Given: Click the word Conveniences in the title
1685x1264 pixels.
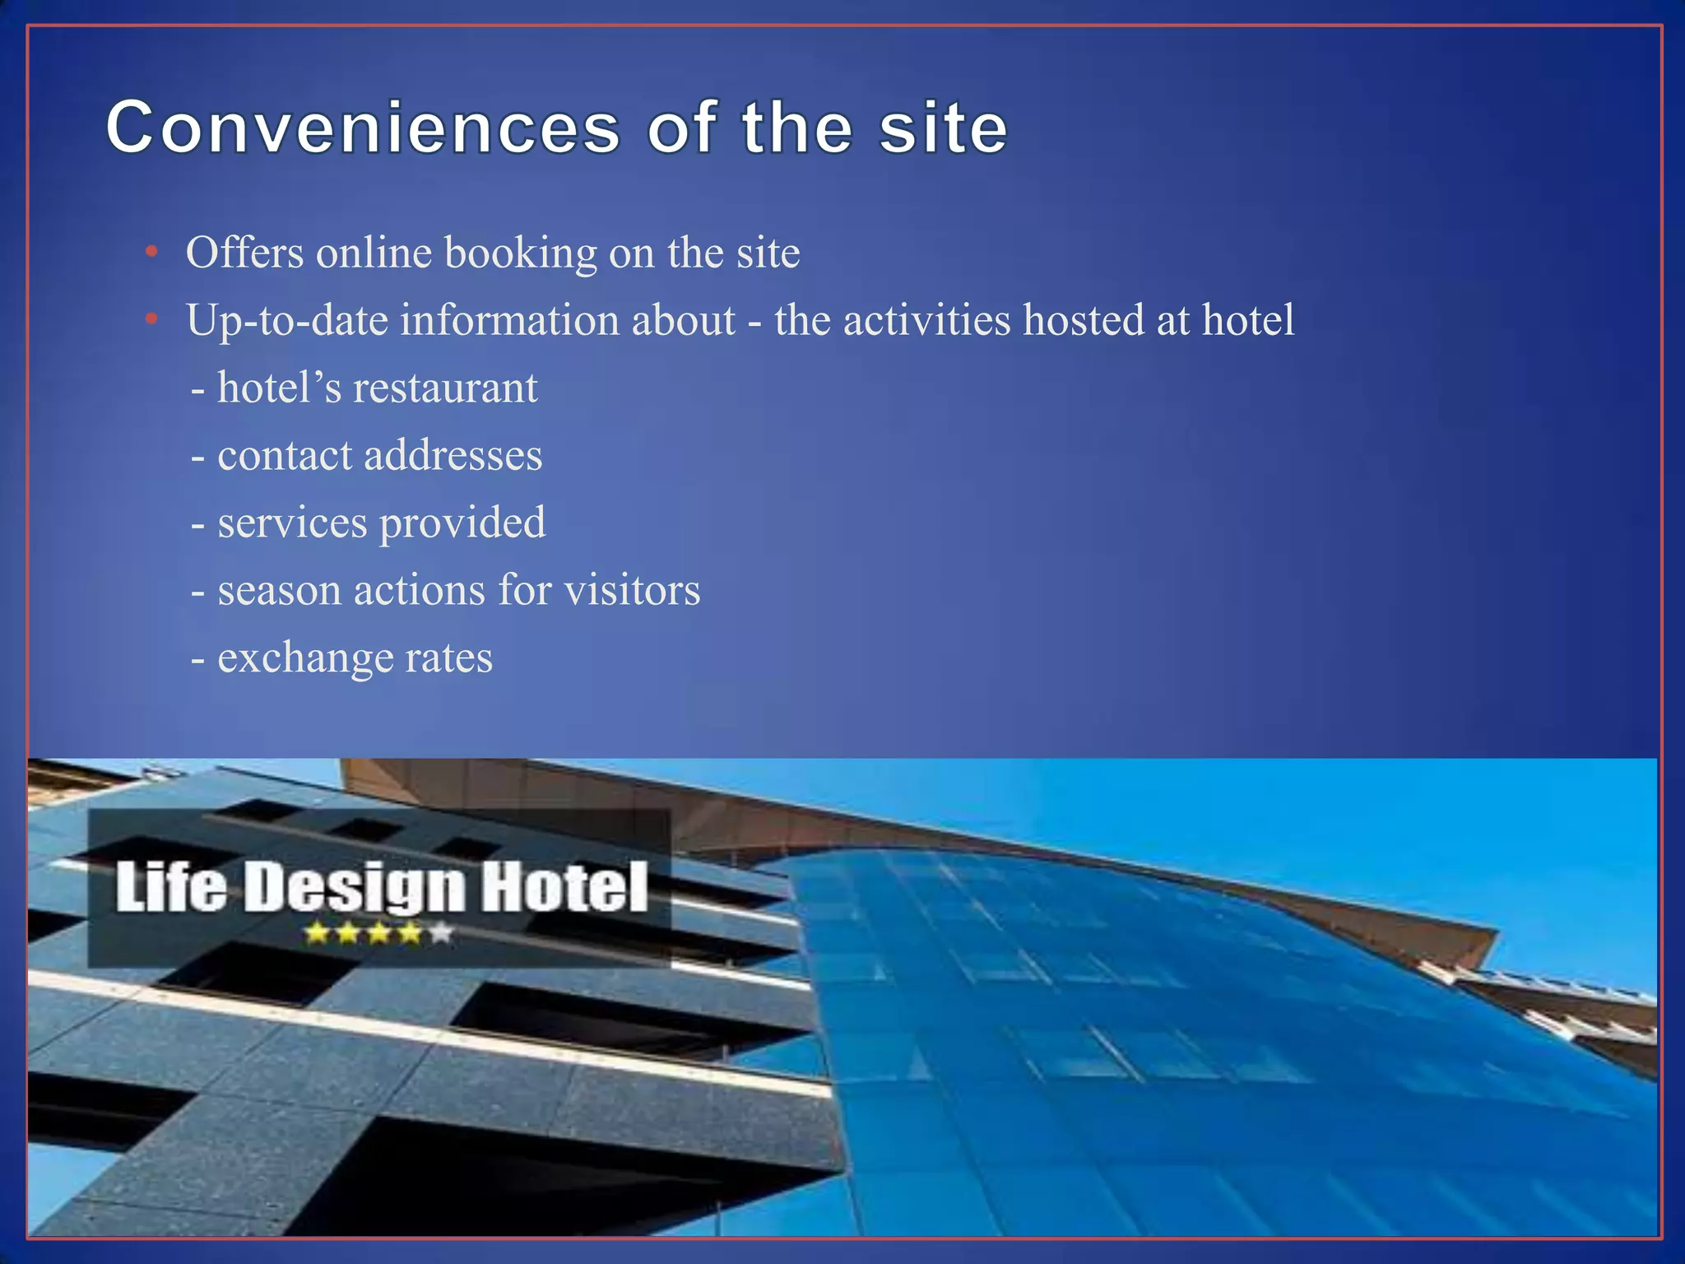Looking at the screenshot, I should [362, 128].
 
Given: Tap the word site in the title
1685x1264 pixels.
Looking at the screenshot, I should [943, 128].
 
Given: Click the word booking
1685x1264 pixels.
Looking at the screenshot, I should [520, 253].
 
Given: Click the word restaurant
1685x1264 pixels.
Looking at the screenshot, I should [444, 388].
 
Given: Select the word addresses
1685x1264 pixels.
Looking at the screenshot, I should [453, 455].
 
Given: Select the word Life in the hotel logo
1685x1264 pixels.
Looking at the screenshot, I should [171, 887].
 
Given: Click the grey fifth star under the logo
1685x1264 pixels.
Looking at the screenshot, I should [442, 933].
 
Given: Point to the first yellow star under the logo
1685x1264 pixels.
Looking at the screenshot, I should [317, 933].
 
